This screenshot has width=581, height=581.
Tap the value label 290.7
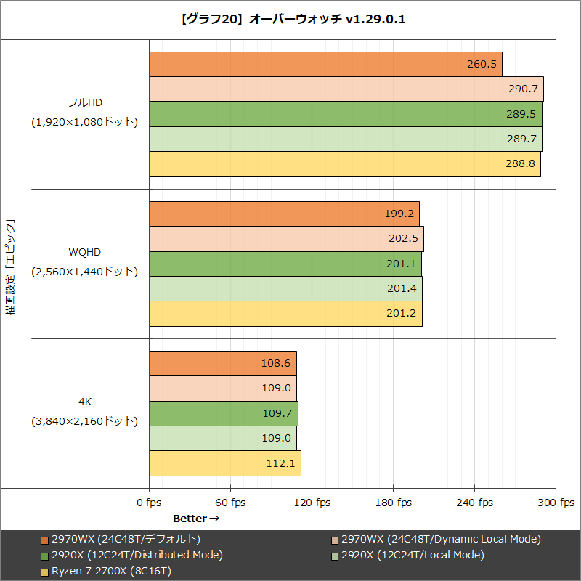pos(523,89)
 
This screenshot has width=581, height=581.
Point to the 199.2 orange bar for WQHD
pos(284,214)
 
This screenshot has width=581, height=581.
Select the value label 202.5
pos(403,238)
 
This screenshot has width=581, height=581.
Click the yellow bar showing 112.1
pos(224,463)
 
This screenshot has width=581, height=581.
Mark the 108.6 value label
pos(276,363)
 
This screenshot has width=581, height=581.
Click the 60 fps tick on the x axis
pos(231,503)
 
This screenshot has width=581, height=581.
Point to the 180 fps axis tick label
pos(394,503)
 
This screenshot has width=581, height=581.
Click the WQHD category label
pos(85,252)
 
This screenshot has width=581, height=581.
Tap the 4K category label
pos(85,401)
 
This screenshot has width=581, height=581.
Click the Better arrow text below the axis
pos(195,519)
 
